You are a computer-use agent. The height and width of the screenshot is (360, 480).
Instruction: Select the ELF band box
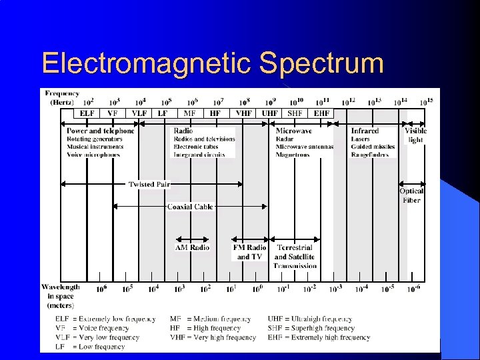click(87, 113)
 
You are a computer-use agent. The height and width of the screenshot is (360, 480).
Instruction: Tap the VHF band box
click(244, 113)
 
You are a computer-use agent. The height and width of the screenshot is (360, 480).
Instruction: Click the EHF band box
click(321, 113)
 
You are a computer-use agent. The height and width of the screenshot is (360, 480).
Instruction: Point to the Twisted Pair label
click(150, 184)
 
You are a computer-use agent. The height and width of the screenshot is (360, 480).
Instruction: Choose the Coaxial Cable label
click(190, 207)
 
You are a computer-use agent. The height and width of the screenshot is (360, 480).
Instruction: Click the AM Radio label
click(192, 247)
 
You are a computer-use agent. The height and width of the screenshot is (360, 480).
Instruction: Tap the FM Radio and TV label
click(250, 252)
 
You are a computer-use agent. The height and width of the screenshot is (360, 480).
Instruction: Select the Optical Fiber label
click(411, 195)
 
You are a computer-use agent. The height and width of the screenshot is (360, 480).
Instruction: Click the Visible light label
click(415, 135)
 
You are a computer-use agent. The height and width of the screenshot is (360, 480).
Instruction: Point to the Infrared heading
click(365, 131)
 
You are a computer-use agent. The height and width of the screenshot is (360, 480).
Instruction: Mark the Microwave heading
click(294, 131)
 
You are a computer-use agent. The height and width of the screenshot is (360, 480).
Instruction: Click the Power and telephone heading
click(100, 131)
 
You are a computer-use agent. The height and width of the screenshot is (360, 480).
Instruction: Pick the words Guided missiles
click(373, 147)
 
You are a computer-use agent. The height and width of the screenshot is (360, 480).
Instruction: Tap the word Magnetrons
click(293, 155)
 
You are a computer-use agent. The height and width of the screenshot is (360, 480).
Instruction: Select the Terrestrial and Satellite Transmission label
click(295, 257)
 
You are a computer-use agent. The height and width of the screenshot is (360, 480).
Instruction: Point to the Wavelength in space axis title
click(60, 296)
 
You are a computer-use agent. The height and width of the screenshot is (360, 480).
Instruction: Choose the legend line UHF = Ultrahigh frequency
click(310, 319)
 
